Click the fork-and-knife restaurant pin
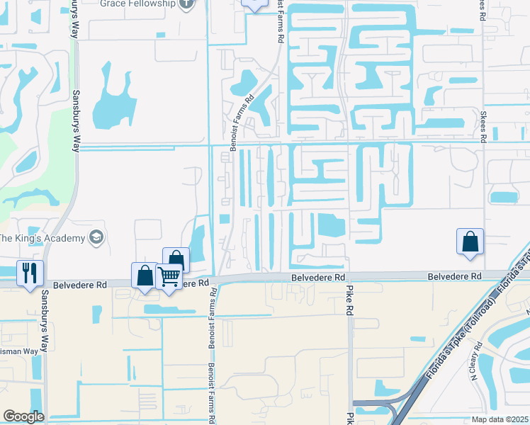(x=30, y=273)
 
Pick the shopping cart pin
(x=169, y=276)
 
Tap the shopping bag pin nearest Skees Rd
(x=470, y=242)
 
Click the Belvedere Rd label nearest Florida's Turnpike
(x=455, y=276)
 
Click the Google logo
(x=23, y=416)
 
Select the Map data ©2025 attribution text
(x=500, y=419)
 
